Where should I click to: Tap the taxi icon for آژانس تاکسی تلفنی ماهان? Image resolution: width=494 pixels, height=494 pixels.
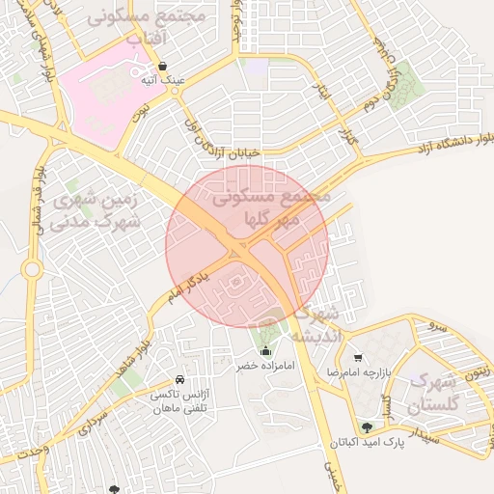(180, 380)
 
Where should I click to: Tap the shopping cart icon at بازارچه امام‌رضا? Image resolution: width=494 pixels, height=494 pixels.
(358, 357)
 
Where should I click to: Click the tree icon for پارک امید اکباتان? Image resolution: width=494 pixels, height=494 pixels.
(366, 427)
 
